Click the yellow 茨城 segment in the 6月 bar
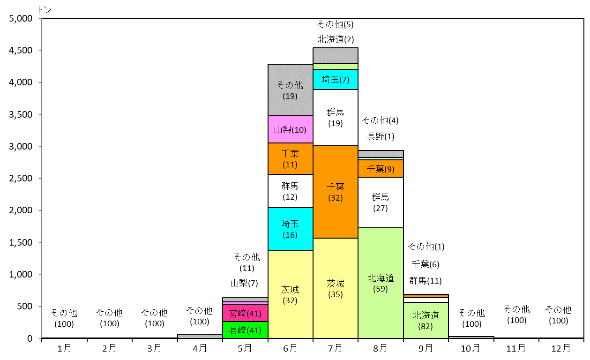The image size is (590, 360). coord(290,294)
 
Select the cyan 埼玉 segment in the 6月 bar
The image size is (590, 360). coord(290,229)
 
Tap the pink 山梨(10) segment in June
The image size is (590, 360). coord(290,129)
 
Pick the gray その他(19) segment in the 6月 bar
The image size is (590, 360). coord(290,90)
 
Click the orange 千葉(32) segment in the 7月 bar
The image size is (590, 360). coord(335,192)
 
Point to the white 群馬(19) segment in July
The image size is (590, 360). coord(335,118)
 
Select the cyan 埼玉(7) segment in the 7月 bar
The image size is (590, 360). coord(335,79)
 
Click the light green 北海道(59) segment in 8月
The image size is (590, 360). coord(381,283)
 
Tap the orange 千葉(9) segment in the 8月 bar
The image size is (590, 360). coord(381,169)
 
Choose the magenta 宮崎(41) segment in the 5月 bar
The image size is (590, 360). coord(245,313)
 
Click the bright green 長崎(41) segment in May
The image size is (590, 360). coord(245,330)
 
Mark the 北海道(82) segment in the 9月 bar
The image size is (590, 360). coord(426,321)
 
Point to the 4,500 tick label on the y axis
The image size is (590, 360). coord(21,50)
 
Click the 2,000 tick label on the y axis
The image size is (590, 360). coord(21,210)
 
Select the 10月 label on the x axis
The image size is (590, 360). coord(471,348)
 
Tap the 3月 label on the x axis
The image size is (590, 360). coord(154,348)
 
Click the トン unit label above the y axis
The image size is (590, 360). coord(45,10)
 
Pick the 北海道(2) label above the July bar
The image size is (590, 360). coord(336,39)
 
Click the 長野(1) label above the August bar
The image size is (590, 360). coord(381,136)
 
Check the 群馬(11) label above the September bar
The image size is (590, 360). coord(426,281)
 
